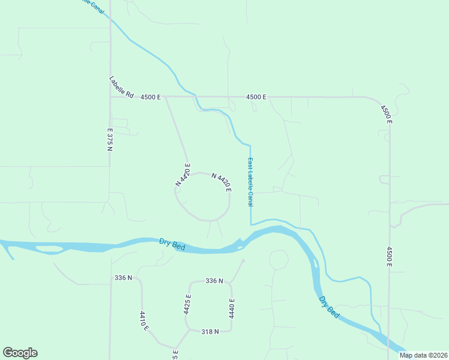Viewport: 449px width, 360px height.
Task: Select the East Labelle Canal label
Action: [250, 182]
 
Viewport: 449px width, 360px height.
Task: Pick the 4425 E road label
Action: [188, 305]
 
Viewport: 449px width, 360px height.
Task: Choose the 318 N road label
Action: [209, 331]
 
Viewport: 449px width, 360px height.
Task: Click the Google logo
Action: [20, 353]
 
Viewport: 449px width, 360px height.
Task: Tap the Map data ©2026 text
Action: [423, 355]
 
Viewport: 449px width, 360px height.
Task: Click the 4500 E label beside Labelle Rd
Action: [151, 97]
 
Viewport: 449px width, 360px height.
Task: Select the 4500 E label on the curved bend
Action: [385, 114]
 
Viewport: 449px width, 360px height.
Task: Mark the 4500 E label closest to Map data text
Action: [390, 256]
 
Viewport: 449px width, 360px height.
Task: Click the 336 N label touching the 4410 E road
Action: [123, 278]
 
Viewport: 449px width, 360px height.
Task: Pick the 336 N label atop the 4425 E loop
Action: [214, 281]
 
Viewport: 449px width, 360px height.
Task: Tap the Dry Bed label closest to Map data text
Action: [330, 307]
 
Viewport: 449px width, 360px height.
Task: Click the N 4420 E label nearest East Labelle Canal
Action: [221, 182]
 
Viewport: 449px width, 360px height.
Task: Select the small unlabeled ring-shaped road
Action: [279, 260]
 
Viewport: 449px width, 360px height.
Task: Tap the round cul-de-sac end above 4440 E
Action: [243, 261]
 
